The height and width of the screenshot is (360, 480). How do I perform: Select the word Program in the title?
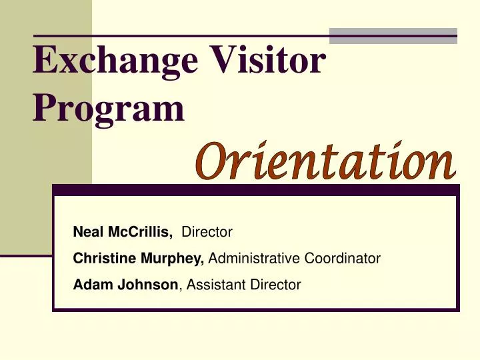coord(109,109)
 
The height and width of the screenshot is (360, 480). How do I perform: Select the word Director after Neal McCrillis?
coord(207,232)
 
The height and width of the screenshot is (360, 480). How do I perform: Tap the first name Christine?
coord(101,259)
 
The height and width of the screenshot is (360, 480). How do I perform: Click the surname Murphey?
coord(182,259)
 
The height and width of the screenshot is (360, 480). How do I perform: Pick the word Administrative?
coord(256,259)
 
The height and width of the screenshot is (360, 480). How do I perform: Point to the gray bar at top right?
coord(393,35)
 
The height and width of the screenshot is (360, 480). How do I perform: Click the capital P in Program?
coord(43,108)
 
